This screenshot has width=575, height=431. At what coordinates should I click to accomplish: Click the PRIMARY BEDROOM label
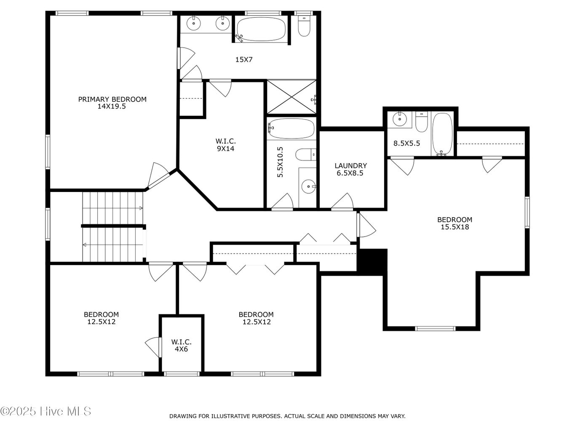[x=112, y=103]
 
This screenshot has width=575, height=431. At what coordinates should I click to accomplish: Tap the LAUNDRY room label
[x=350, y=169]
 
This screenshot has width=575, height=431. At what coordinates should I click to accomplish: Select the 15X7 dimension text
[x=244, y=60]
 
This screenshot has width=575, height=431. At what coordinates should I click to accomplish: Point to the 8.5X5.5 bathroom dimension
[x=407, y=143]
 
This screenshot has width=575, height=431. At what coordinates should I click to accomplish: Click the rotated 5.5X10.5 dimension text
[x=280, y=162]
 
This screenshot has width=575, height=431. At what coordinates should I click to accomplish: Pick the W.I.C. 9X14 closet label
[x=225, y=145]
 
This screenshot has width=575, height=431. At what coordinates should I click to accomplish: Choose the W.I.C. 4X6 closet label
[x=181, y=346]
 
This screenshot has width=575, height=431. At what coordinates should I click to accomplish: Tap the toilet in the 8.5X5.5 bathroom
[x=422, y=122]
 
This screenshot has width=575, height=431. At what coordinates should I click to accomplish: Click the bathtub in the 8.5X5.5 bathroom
[x=442, y=134]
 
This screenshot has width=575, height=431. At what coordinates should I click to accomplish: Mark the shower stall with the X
[x=292, y=97]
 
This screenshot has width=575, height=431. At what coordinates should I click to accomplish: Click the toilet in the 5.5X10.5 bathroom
[x=306, y=154]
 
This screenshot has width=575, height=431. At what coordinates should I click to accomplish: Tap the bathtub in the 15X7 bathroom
[x=261, y=29]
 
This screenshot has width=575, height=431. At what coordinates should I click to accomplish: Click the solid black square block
[x=372, y=262]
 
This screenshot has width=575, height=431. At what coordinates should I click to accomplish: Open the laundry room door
[x=342, y=202]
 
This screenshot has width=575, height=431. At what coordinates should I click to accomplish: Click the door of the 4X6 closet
[x=153, y=347]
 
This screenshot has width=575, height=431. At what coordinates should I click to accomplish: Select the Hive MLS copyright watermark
[x=45, y=411]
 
